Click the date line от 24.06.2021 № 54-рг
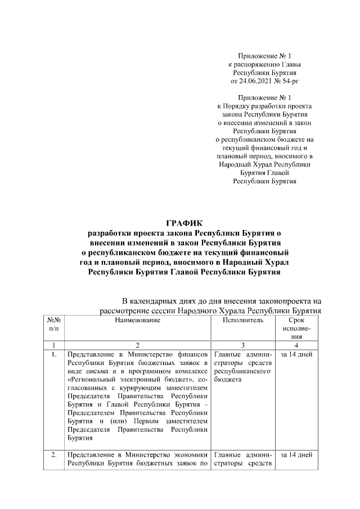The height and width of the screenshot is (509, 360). (264, 81)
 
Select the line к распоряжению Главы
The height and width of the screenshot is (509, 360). (264, 65)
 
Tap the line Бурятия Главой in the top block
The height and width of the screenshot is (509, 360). (264, 173)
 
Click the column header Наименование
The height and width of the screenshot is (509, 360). (137, 320)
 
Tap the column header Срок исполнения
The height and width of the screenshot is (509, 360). (296, 328)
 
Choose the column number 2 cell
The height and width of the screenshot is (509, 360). (137, 345)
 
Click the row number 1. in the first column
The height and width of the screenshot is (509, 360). (53, 355)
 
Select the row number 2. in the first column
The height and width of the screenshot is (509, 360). (53, 454)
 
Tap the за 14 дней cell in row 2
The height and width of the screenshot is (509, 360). (296, 454)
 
